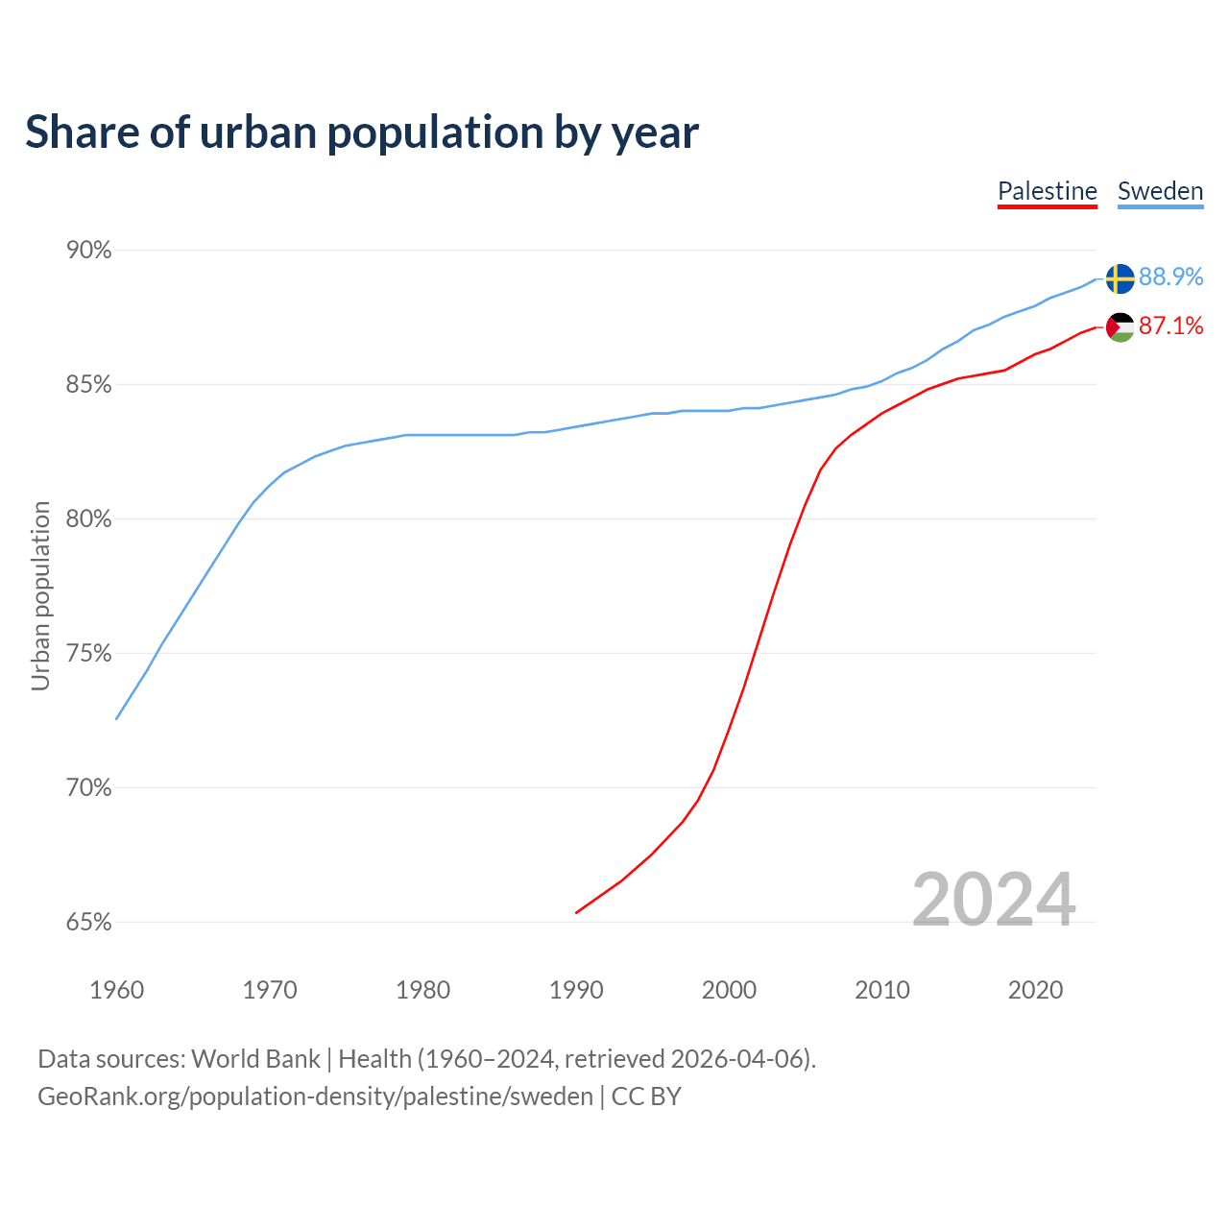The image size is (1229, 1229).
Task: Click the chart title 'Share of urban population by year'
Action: click(x=362, y=133)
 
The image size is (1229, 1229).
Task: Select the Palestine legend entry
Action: click(x=1047, y=191)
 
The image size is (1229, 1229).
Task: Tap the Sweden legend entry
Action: click(x=1160, y=191)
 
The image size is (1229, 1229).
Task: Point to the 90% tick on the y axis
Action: click(x=89, y=251)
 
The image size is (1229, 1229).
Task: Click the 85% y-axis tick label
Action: click(x=89, y=385)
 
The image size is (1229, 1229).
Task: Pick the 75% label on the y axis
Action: click(x=89, y=654)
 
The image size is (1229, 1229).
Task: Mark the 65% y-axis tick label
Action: click(x=89, y=923)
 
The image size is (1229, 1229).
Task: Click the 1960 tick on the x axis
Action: click(x=117, y=990)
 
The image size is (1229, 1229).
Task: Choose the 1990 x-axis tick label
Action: click(x=576, y=990)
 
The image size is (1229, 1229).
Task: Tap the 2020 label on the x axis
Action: click(x=1035, y=990)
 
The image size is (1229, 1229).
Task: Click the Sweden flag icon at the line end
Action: click(x=1120, y=278)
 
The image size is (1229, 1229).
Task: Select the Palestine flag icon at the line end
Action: click(x=1120, y=327)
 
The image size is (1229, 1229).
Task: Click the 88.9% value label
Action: click(x=1170, y=277)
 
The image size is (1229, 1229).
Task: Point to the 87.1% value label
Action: click(x=1170, y=326)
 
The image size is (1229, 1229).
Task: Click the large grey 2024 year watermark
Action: click(x=994, y=900)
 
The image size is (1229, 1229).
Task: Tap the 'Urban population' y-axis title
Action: click(x=40, y=595)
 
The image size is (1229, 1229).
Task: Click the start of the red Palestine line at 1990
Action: click(x=576, y=912)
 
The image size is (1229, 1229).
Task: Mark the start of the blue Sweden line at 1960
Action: click(x=117, y=718)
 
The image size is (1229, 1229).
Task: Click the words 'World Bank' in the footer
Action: click(x=255, y=1059)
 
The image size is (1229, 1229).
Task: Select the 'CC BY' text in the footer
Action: click(x=646, y=1096)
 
